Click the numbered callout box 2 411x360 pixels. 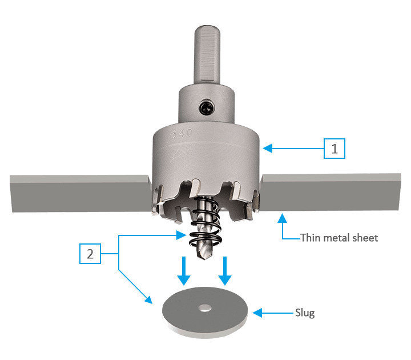(x=90, y=254)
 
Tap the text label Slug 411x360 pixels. (x=305, y=313)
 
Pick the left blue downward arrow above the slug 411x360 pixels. (x=183, y=271)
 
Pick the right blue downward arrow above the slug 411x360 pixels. (x=225, y=271)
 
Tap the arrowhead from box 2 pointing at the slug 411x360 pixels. (x=150, y=301)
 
